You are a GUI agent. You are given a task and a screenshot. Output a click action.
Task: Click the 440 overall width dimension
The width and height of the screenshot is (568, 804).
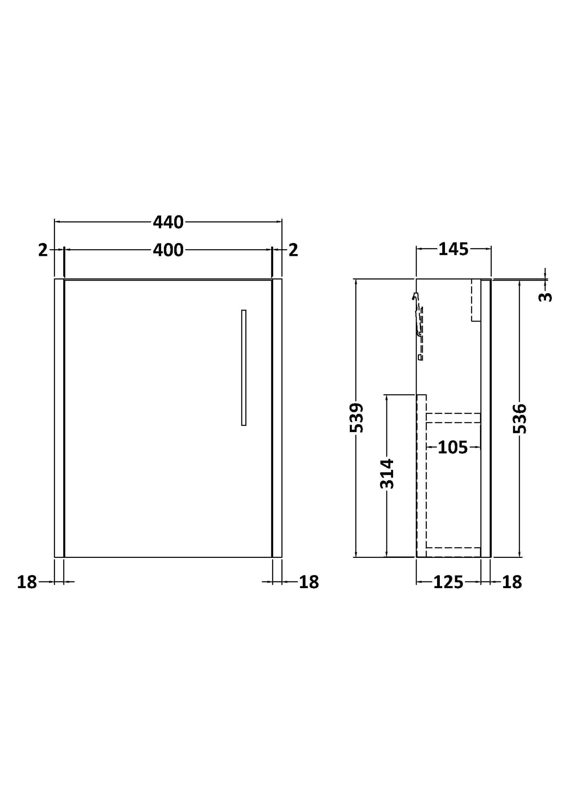coord(168,223)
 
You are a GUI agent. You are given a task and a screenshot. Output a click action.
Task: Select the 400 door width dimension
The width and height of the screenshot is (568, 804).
coord(168,250)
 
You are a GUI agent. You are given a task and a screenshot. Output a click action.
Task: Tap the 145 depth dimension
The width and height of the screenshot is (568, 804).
coord(453,249)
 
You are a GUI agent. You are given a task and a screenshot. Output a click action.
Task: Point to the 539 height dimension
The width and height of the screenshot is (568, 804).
coord(357,418)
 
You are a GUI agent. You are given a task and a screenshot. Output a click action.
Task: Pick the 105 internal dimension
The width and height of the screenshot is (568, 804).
coord(452,447)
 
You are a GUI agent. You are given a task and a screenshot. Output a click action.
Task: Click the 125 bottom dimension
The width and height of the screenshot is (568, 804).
coord(449,582)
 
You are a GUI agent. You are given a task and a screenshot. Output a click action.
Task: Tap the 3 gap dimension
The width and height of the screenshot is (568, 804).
coord(545,297)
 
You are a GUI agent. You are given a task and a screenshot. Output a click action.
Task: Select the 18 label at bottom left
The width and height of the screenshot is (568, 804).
coord(27,582)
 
